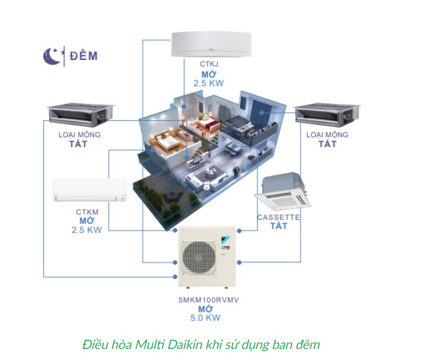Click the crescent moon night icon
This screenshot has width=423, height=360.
(x=52, y=56)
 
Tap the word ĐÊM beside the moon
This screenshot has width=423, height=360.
(x=84, y=56)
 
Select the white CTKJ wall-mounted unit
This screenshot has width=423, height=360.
(x=212, y=44)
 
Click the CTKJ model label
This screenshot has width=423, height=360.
(x=209, y=65)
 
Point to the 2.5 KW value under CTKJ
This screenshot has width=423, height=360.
(x=209, y=83)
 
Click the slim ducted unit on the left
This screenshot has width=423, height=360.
(x=80, y=114)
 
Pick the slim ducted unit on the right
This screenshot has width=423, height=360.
(x=327, y=114)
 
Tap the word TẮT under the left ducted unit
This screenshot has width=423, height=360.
(x=78, y=144)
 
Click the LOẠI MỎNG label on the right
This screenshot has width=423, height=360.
(x=327, y=135)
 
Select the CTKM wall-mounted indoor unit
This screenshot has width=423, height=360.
(x=90, y=190)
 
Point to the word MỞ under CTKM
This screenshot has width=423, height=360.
(x=87, y=220)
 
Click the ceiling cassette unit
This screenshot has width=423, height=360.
(x=282, y=191)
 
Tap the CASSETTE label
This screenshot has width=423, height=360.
(x=278, y=218)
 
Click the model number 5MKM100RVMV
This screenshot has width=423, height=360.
(x=209, y=300)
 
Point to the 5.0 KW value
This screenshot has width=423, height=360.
(x=205, y=318)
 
